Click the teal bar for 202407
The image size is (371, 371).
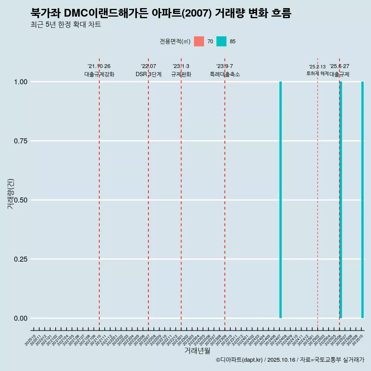(281, 200)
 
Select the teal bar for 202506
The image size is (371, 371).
(341, 200)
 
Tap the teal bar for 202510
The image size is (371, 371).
(362, 200)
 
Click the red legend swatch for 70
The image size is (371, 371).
(199, 41)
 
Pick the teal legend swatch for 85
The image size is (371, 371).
(221, 41)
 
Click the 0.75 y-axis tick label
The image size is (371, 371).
(20, 141)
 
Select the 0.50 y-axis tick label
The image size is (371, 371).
(20, 200)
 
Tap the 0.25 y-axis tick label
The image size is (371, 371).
(20, 259)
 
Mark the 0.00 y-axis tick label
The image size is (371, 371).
(20, 318)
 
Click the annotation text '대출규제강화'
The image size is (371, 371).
(99, 74)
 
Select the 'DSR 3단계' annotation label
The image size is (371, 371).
(148, 74)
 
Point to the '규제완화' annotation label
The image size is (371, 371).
(181, 74)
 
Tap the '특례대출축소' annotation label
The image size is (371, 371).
(225, 74)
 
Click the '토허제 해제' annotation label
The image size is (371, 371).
(317, 73)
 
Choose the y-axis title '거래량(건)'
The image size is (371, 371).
(11, 194)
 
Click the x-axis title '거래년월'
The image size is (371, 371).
(197, 351)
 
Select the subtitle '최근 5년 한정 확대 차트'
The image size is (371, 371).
(66, 25)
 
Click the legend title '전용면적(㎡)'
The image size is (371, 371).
(175, 42)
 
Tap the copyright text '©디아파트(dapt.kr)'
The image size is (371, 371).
(239, 360)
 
